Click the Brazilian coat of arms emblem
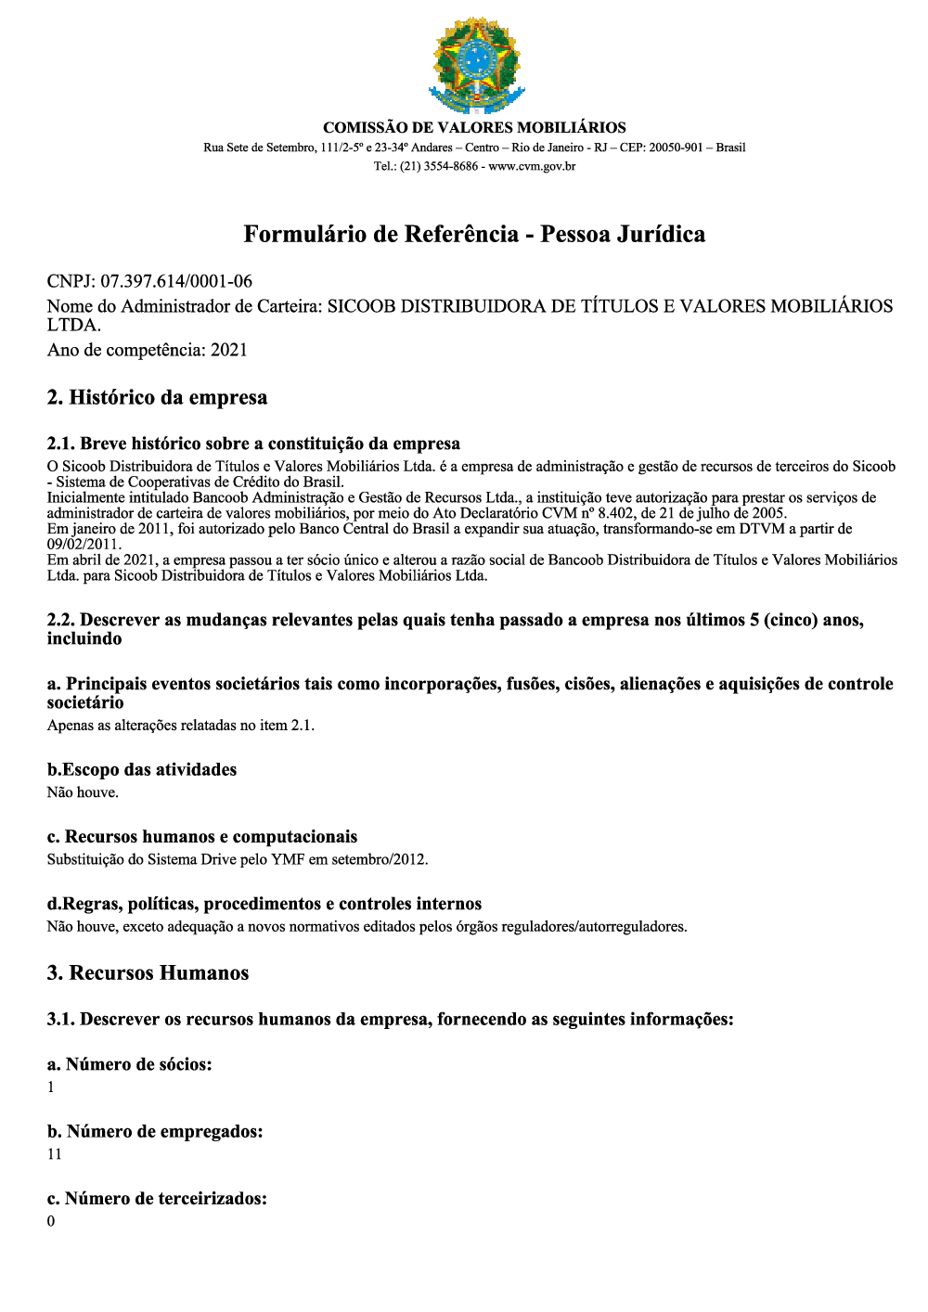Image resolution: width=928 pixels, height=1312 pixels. (476, 65)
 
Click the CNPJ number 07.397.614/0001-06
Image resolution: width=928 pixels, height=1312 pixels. (176, 281)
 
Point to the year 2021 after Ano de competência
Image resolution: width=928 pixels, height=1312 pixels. (229, 350)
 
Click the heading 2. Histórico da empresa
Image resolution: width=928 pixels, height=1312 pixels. (157, 398)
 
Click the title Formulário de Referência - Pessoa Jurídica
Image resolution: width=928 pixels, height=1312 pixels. (474, 234)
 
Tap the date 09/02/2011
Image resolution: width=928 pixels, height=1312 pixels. (83, 545)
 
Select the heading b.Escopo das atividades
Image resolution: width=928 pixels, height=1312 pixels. (142, 769)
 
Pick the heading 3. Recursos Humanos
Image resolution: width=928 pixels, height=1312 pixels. (148, 973)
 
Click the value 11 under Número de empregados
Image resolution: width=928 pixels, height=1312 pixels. (55, 1154)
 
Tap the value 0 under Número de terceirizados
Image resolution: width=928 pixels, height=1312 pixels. (51, 1221)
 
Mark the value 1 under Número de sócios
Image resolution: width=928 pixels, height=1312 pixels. (51, 1087)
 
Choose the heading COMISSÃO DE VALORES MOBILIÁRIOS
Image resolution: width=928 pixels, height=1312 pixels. (474, 128)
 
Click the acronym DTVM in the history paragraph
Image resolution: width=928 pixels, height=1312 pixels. (761, 529)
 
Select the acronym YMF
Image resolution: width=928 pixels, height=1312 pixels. (288, 859)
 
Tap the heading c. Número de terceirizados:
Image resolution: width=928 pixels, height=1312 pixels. (157, 1199)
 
